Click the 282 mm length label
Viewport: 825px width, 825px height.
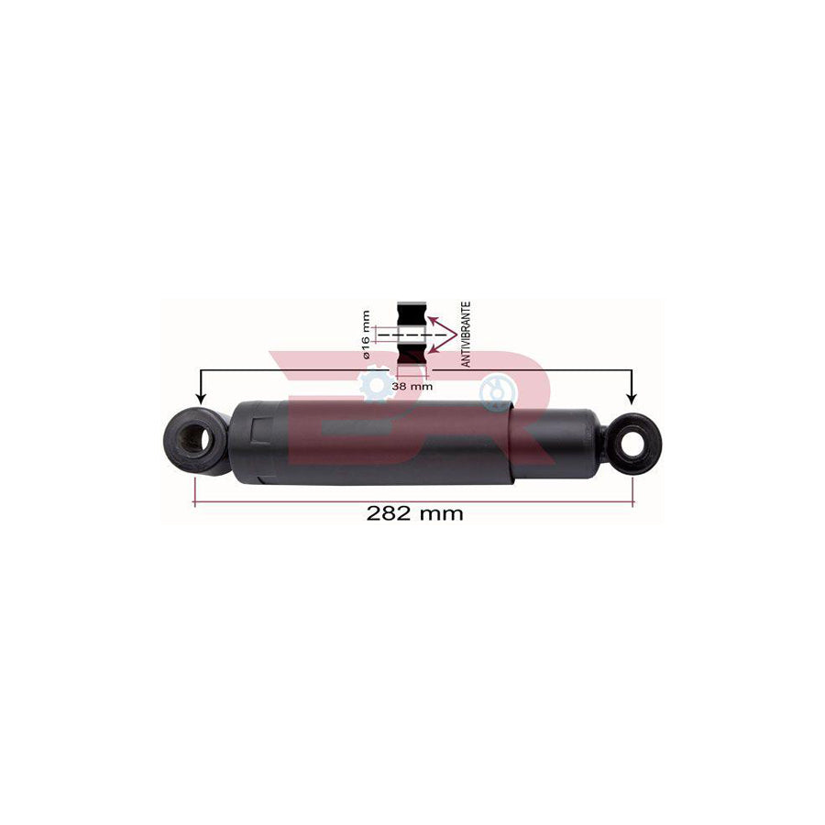point(414,513)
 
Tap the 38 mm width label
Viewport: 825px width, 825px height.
point(412,386)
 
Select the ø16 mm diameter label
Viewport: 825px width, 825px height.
point(366,332)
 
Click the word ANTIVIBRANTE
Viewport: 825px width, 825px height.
point(466,335)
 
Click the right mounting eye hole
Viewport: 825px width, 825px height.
point(632,444)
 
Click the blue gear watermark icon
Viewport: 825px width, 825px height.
point(376,384)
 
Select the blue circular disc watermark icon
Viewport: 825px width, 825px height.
point(498,392)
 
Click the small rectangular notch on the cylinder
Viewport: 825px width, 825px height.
point(259,430)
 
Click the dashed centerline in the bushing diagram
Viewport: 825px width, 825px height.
point(412,336)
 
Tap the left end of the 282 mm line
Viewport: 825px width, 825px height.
point(195,502)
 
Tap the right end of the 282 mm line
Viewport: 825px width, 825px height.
point(632,502)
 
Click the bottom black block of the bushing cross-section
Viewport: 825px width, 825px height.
point(412,362)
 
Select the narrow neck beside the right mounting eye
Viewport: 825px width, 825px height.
point(603,442)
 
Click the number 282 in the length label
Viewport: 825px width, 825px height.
point(387,513)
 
